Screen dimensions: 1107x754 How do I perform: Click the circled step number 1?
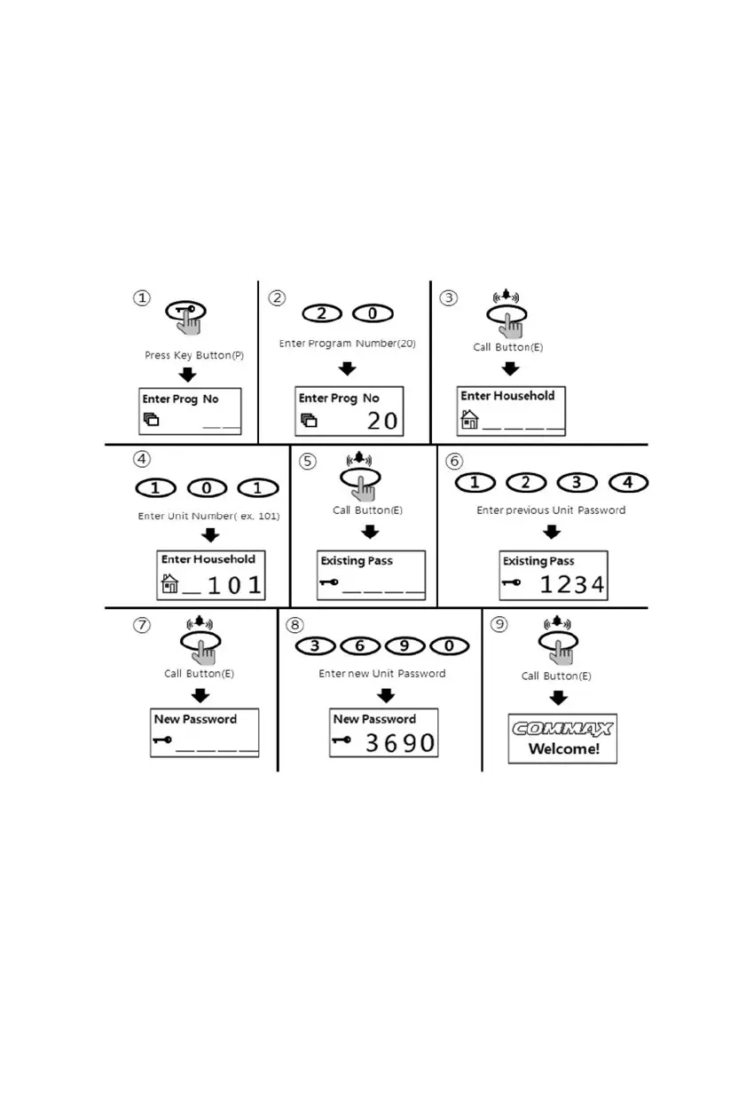click(142, 298)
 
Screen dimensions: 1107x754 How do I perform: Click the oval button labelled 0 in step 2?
click(373, 313)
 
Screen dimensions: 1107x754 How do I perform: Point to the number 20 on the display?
click(382, 420)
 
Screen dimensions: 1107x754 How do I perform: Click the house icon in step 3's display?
click(469, 419)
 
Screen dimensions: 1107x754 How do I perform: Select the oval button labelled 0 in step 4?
click(208, 488)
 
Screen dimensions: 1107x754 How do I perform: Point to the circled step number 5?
click(308, 462)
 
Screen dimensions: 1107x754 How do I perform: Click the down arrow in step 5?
click(370, 531)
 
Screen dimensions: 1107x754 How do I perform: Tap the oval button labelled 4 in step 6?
click(628, 482)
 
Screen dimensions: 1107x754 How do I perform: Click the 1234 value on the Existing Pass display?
click(572, 584)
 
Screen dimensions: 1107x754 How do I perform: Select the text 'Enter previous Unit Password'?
click(551, 510)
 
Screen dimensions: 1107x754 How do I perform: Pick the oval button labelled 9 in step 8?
click(405, 645)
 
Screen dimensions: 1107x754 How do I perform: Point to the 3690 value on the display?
click(401, 743)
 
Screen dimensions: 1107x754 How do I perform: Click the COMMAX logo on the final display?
click(562, 730)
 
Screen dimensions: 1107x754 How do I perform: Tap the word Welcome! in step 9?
click(564, 748)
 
